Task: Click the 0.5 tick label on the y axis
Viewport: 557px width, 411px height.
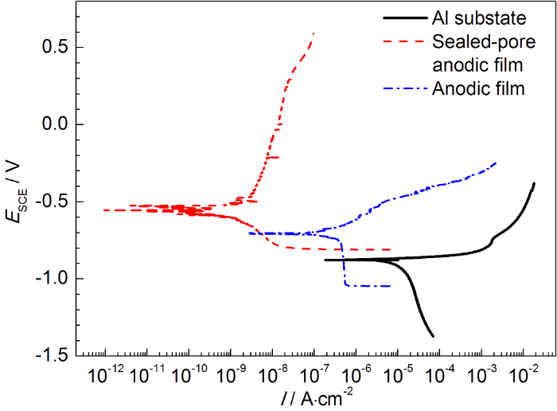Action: [54, 47]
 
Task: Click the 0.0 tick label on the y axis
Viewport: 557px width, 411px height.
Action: [54, 124]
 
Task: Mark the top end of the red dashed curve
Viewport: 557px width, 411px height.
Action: [314, 33]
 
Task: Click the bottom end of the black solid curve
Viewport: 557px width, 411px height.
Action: [433, 336]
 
